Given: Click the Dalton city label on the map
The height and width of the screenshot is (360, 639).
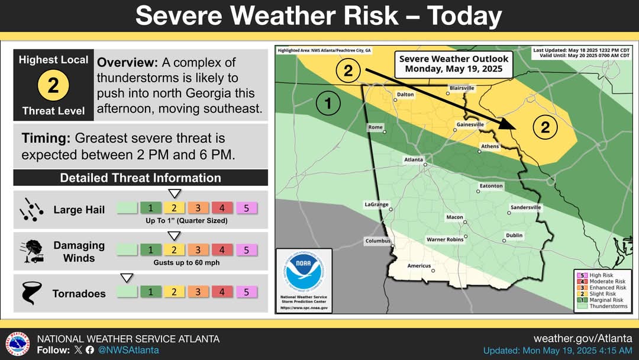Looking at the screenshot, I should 405,94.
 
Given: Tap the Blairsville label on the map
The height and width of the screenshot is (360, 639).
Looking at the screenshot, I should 461,88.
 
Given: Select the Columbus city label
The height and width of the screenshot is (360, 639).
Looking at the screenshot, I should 377,241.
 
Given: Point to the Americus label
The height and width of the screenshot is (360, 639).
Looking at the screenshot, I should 419,266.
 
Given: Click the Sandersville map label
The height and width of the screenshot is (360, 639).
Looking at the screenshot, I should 525,208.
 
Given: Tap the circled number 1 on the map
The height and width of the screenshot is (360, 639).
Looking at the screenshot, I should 328,105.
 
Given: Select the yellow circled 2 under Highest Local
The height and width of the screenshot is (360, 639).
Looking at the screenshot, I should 53,86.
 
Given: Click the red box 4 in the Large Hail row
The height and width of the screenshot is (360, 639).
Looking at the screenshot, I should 222,208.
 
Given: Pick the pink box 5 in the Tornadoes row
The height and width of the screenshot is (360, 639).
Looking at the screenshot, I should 246,292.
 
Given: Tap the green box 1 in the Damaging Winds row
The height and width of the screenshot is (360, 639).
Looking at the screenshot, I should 151,250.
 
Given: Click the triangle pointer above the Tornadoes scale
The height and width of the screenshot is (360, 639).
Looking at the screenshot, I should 127,278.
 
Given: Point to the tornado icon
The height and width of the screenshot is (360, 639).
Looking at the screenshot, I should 30,292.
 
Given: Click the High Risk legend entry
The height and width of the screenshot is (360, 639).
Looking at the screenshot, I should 599,275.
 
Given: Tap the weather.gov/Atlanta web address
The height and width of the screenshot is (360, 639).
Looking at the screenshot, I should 582,339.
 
